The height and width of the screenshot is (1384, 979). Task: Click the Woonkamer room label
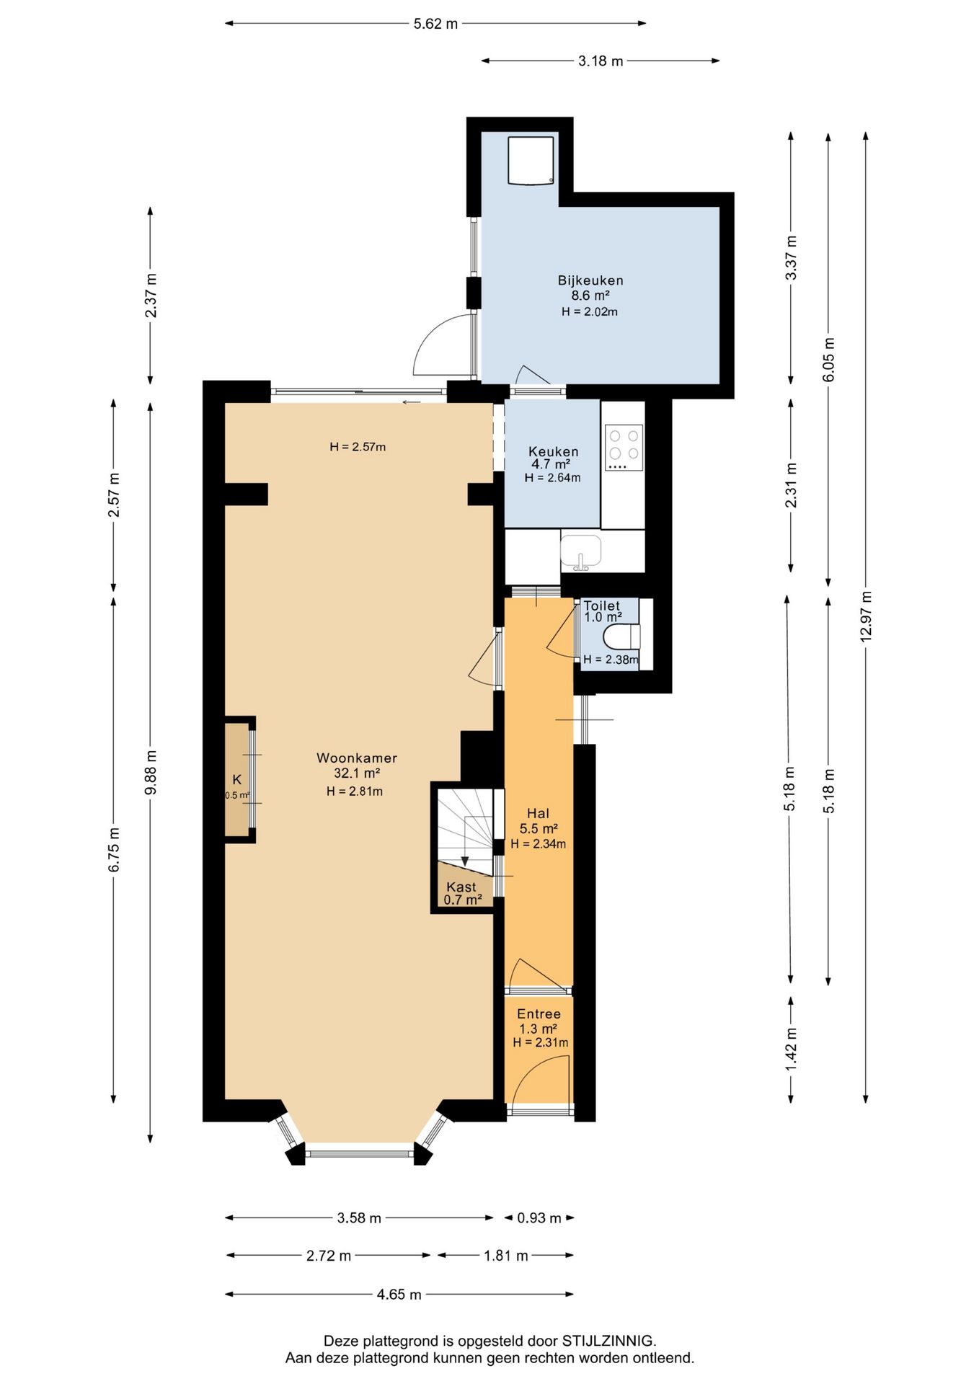click(x=357, y=758)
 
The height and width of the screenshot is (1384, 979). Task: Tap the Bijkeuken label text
click(x=590, y=280)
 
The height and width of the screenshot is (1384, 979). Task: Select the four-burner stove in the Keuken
click(x=624, y=448)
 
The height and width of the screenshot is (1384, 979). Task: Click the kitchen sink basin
click(x=581, y=551)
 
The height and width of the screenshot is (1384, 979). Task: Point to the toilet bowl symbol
click(x=621, y=636)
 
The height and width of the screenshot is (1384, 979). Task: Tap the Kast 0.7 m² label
click(x=462, y=893)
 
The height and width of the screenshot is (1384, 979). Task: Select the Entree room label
click(x=539, y=1014)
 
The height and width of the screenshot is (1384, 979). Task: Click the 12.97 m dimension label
click(x=866, y=616)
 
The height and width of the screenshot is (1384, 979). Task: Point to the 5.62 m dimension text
click(x=435, y=24)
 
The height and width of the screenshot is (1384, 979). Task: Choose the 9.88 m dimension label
click(x=151, y=773)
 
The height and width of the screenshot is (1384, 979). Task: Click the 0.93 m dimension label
click(x=539, y=1218)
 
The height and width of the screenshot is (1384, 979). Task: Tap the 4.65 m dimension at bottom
click(x=399, y=1295)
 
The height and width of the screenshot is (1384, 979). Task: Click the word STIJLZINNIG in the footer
click(x=608, y=1341)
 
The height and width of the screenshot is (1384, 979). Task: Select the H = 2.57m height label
click(x=358, y=447)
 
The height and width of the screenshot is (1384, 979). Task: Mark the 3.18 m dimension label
click(x=601, y=61)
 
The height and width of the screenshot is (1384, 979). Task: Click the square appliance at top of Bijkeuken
click(x=531, y=160)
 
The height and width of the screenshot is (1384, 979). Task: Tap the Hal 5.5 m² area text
click(x=539, y=829)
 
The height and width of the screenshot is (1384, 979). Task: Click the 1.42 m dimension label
click(x=791, y=1049)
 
